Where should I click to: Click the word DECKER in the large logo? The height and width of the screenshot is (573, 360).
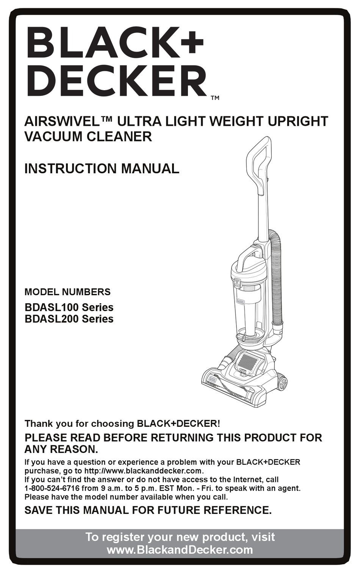[116, 81]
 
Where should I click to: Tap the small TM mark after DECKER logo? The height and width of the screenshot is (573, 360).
[215, 98]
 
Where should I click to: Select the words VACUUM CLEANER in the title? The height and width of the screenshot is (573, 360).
[88, 136]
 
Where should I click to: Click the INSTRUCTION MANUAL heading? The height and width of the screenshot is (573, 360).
[102, 169]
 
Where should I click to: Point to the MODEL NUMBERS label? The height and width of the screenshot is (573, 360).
[67, 292]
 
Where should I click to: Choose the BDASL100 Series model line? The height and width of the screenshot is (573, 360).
[69, 307]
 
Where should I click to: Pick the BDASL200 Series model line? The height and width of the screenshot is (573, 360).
[69, 319]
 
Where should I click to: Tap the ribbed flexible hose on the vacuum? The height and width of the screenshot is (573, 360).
[278, 280]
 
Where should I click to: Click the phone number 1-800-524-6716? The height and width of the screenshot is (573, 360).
[52, 488]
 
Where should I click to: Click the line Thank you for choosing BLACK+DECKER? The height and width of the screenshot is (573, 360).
[122, 423]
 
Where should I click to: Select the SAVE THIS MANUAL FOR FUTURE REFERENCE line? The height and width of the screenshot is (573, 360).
[148, 510]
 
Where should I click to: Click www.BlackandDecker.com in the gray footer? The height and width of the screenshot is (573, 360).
[180, 550]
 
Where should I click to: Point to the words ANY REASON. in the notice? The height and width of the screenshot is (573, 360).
[61, 449]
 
